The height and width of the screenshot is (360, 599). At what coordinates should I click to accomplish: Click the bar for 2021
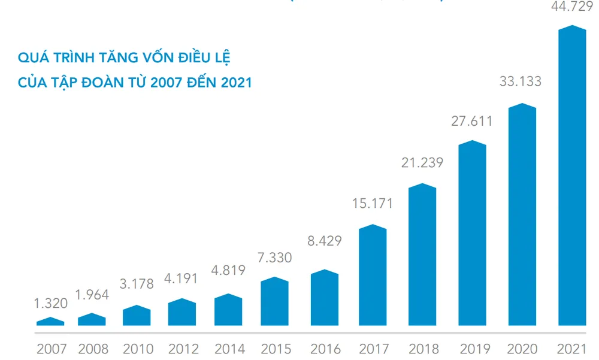tap(571, 177)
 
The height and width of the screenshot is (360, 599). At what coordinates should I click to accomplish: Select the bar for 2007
tap(50, 322)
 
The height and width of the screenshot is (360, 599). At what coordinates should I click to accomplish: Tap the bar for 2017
tap(373, 276)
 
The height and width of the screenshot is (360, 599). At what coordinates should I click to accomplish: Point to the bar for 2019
tap(473, 234)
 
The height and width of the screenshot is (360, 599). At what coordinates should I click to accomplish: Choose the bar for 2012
tap(182, 312)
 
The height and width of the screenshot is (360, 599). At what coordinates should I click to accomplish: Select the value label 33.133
tap(520, 81)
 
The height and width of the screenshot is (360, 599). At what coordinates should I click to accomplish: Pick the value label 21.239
tap(422, 162)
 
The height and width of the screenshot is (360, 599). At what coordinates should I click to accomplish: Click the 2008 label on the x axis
tap(93, 349)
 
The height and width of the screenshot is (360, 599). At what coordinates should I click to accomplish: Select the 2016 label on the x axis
tap(325, 349)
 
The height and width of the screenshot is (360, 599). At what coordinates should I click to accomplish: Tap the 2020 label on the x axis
tap(521, 349)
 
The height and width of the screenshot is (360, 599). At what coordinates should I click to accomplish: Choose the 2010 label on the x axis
tap(137, 349)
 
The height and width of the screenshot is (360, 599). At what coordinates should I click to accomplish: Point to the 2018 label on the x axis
tap(423, 349)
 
